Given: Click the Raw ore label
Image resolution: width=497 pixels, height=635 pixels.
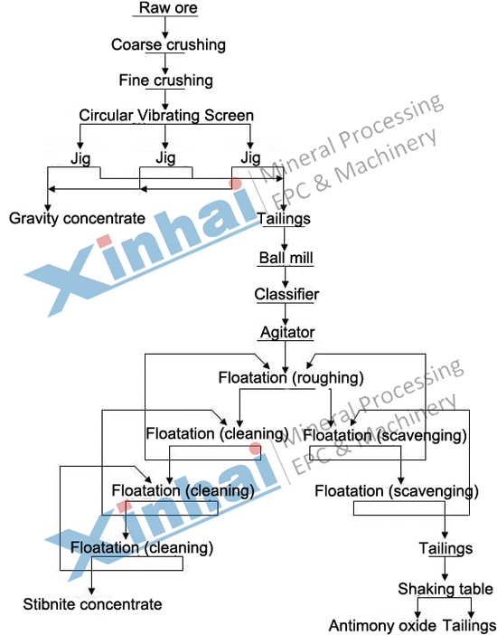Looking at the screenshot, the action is click(168, 8).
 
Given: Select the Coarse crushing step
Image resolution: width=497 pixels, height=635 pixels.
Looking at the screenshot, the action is click(168, 44).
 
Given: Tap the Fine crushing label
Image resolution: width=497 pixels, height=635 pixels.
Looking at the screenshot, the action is click(166, 81).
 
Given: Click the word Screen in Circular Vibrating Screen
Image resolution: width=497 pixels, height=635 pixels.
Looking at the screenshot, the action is click(229, 116).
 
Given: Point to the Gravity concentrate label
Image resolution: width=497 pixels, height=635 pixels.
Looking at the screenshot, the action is click(77, 218).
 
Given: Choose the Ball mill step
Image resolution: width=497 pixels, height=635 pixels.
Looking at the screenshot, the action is click(286, 258).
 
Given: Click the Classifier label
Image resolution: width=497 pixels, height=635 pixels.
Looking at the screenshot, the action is click(286, 294).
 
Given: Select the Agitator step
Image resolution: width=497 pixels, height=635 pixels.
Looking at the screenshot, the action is click(287, 332).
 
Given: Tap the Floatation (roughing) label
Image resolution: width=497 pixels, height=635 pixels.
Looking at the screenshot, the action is click(291, 378).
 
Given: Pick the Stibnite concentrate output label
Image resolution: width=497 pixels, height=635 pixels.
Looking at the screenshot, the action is click(93, 604).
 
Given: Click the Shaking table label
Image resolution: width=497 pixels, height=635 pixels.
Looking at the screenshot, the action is click(445, 589).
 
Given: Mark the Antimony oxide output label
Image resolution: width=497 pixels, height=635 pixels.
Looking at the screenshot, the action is click(382, 625).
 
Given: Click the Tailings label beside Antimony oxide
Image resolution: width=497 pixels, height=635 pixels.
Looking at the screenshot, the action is click(469, 626).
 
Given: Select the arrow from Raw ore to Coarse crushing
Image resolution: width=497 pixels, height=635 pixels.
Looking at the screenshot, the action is click(164, 27).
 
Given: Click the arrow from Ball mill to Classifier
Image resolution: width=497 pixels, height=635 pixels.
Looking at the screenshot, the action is click(286, 277).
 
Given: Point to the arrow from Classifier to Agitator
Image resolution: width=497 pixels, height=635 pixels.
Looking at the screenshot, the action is click(286, 314).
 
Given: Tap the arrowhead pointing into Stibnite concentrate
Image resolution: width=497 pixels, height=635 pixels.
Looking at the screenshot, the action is click(91, 592).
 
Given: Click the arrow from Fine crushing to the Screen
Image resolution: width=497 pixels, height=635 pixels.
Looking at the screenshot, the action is click(164, 100).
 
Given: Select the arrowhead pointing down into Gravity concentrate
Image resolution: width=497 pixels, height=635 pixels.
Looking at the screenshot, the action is click(48, 207).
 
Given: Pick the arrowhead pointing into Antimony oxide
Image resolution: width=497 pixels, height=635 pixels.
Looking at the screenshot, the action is click(417, 614).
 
